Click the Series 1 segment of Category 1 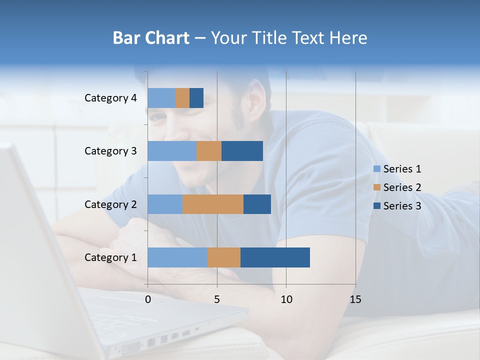coord(177,257)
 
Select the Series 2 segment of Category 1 coord(224,257)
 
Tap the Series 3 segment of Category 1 coord(275,257)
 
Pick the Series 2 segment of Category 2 coord(213,204)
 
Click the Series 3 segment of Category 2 coord(257,204)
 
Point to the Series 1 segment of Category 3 coord(172,151)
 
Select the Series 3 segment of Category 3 coord(242,151)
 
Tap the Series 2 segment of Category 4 coord(182,98)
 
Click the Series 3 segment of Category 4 coord(196,98)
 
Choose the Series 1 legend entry coord(397,169)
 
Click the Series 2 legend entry coord(397,187)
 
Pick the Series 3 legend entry coord(397,206)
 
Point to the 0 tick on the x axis coord(148,299)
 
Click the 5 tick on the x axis coord(217,299)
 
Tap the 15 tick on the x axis coord(355,299)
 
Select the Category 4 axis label coord(110,98)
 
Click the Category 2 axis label coord(110,204)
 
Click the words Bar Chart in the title coord(151,38)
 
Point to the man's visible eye coord(159,118)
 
